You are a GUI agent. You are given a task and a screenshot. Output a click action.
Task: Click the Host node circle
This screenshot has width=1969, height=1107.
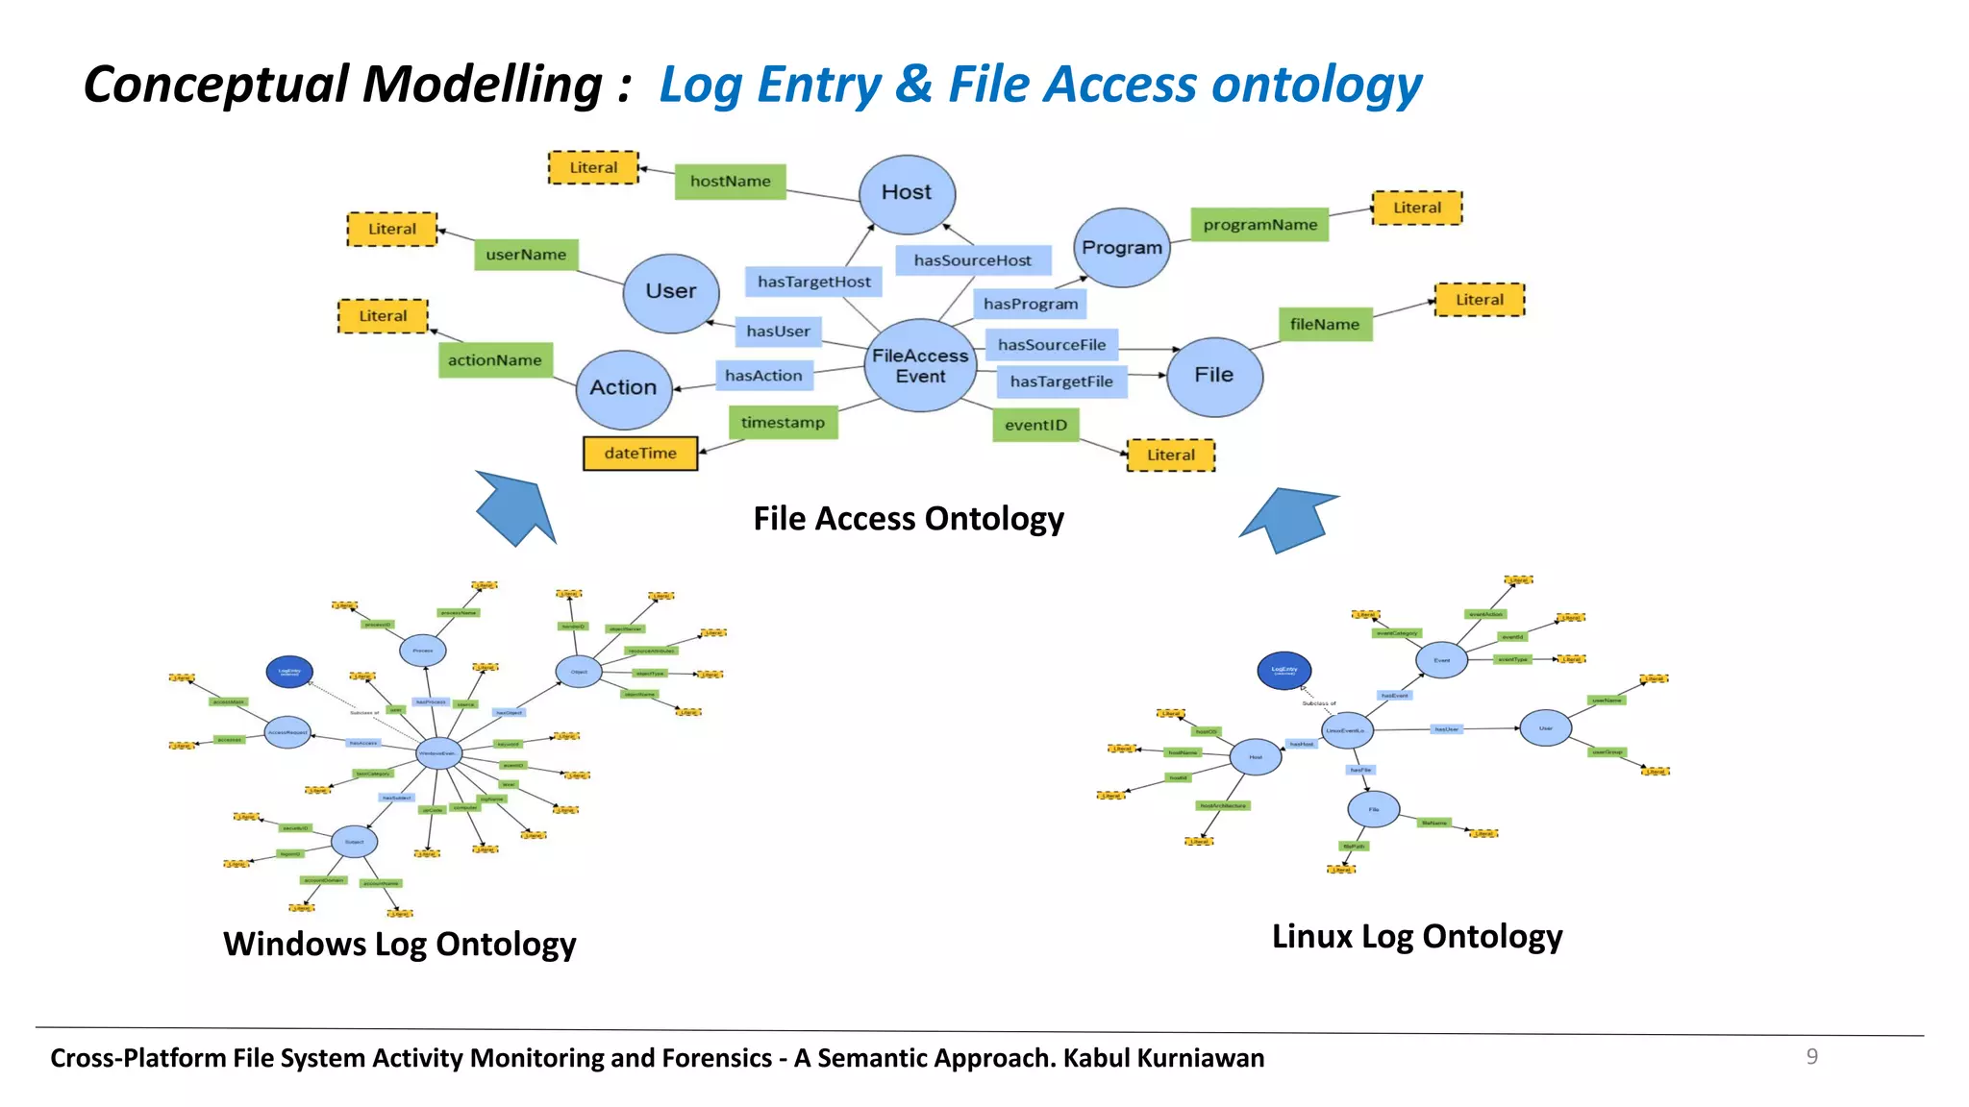(x=907, y=194)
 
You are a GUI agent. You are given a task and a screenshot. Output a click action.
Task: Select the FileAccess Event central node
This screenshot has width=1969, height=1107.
(x=920, y=366)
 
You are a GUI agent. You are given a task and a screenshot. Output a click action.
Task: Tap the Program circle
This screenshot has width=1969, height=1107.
(x=1121, y=248)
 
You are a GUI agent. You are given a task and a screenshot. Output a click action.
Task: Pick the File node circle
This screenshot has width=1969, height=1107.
(x=1214, y=376)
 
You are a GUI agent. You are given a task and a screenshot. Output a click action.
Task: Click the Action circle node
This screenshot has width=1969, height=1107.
(x=624, y=388)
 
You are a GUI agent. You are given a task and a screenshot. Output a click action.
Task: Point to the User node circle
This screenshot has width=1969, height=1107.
(x=670, y=292)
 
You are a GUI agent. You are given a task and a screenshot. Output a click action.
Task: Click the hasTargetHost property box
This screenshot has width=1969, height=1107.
(x=813, y=282)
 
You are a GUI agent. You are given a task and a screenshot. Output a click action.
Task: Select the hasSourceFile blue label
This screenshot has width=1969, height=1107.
(x=1051, y=345)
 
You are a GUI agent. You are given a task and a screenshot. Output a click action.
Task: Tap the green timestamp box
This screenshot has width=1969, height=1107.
(x=783, y=423)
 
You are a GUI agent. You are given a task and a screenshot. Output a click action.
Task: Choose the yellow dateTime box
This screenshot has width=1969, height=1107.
(x=640, y=454)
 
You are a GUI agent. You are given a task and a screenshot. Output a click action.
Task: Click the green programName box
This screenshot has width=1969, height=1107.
(x=1259, y=225)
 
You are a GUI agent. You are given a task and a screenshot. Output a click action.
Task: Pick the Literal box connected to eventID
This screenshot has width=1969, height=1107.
(x=1170, y=455)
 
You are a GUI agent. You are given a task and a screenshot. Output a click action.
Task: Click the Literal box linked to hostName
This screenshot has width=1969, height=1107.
(x=593, y=168)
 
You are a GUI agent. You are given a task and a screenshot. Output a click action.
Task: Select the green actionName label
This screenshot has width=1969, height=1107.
(x=495, y=360)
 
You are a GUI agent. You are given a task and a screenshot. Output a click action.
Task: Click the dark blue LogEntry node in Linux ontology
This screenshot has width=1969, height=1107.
(x=1284, y=670)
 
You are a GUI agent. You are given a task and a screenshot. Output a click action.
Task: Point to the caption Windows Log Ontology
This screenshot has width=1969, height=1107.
(x=399, y=945)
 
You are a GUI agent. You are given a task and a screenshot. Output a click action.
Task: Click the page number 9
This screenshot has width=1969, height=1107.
(x=1811, y=1057)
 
